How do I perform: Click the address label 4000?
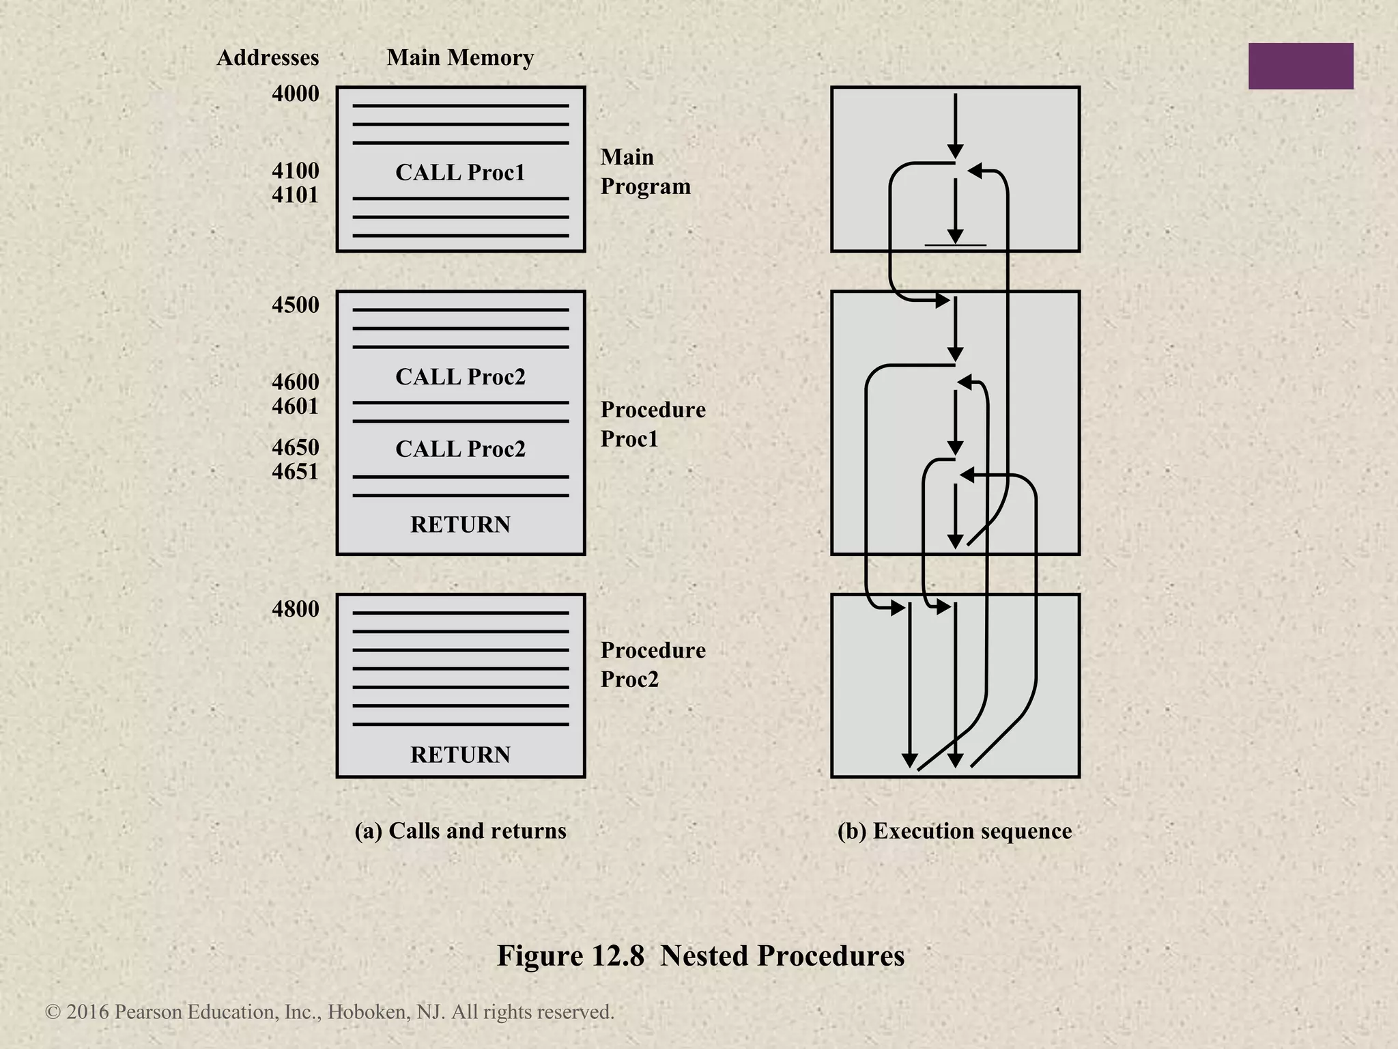coord(295,94)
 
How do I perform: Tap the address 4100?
coord(295,170)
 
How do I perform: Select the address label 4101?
coord(295,195)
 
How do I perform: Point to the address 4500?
coord(295,305)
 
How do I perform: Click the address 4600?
coord(295,382)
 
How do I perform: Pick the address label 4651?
coord(295,472)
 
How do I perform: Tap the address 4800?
coord(295,609)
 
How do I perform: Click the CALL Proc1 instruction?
coord(460,172)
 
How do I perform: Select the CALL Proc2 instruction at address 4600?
coord(460,377)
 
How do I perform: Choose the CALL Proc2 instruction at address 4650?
coord(460,449)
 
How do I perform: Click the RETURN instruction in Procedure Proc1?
coord(460,524)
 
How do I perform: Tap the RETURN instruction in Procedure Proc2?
coord(460,755)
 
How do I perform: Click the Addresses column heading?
coord(268,57)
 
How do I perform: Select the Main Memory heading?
coord(460,57)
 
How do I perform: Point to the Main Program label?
coord(645,172)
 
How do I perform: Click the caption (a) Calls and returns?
coord(460,830)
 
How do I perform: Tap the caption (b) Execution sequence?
coord(954,831)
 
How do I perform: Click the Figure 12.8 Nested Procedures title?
coord(700,955)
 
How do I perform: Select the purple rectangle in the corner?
coord(1300,66)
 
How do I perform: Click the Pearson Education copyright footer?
coord(330,1012)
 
